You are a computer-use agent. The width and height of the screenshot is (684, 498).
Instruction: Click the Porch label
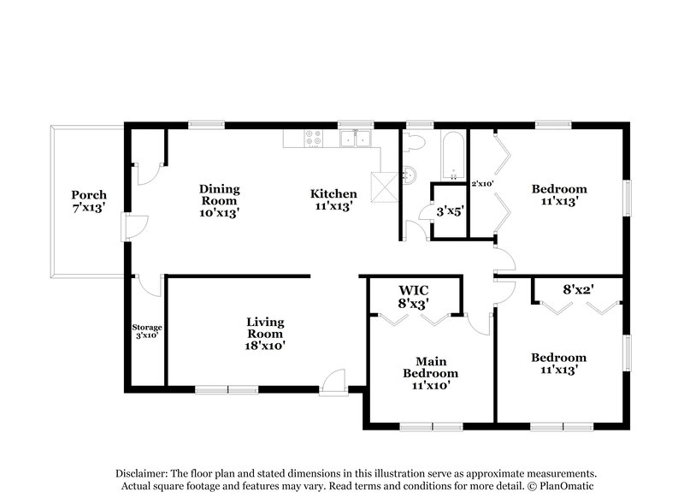(x=89, y=200)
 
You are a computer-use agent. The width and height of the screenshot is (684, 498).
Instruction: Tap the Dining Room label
(x=220, y=200)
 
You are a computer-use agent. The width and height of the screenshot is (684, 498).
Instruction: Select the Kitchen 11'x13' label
(x=333, y=199)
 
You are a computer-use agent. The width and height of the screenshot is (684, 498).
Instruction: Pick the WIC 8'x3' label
(x=414, y=296)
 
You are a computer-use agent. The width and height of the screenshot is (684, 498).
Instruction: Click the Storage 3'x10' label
(x=147, y=331)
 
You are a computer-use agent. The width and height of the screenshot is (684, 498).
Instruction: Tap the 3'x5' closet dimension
(x=450, y=210)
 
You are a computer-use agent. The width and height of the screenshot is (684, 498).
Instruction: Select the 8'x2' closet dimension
(x=577, y=289)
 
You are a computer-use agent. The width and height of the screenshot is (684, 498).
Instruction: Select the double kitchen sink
(x=355, y=138)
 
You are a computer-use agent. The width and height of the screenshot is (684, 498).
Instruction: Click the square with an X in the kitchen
(x=380, y=183)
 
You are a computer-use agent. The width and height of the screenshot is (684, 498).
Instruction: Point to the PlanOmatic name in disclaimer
(x=563, y=486)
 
